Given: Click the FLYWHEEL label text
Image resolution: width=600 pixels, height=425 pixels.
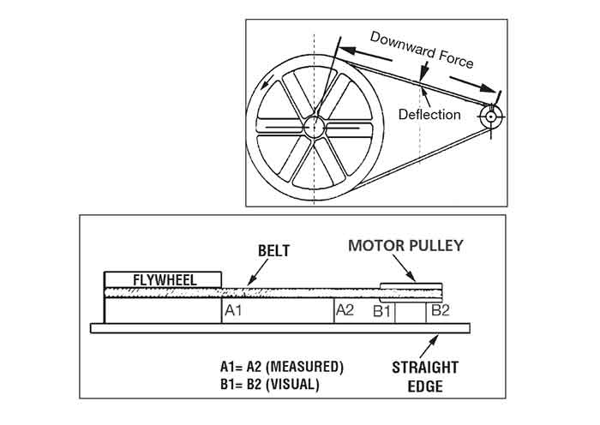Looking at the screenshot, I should [x=163, y=280].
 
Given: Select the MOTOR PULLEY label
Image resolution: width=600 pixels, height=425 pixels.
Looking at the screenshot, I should [x=405, y=246].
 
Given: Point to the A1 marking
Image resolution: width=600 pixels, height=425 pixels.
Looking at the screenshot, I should [x=234, y=310].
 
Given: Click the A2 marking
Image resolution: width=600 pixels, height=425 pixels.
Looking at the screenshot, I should [x=344, y=310].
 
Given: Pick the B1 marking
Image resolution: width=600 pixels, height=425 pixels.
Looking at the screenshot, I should [x=382, y=310].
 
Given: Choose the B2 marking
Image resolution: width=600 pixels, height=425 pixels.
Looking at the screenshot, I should [x=439, y=310].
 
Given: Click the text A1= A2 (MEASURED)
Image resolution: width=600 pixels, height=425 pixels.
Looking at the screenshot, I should [x=281, y=367].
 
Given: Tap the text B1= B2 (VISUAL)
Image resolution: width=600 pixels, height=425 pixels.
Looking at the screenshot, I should [x=269, y=385].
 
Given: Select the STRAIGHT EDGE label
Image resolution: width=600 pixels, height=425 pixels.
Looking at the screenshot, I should [x=425, y=376].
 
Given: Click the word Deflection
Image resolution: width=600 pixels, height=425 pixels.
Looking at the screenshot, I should [x=429, y=114].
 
